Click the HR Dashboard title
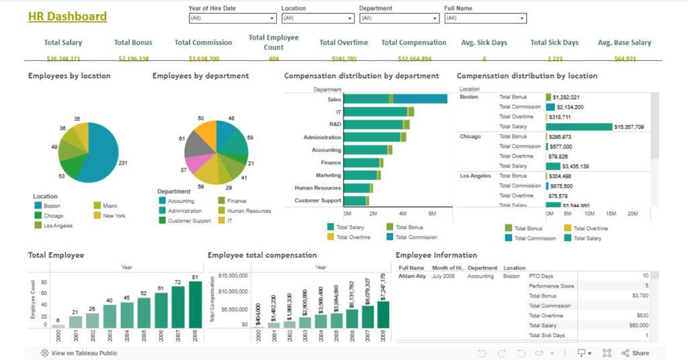67,16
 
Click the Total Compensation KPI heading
413,42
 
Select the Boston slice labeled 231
101,154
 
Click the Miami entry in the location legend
110,206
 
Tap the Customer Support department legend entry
189,220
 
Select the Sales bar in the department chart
396,99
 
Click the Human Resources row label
318,188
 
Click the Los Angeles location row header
475,176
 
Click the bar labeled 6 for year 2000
58,326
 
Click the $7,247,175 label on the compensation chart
382,286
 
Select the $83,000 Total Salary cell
639,326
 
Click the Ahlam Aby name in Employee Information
412,276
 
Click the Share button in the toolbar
635,353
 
